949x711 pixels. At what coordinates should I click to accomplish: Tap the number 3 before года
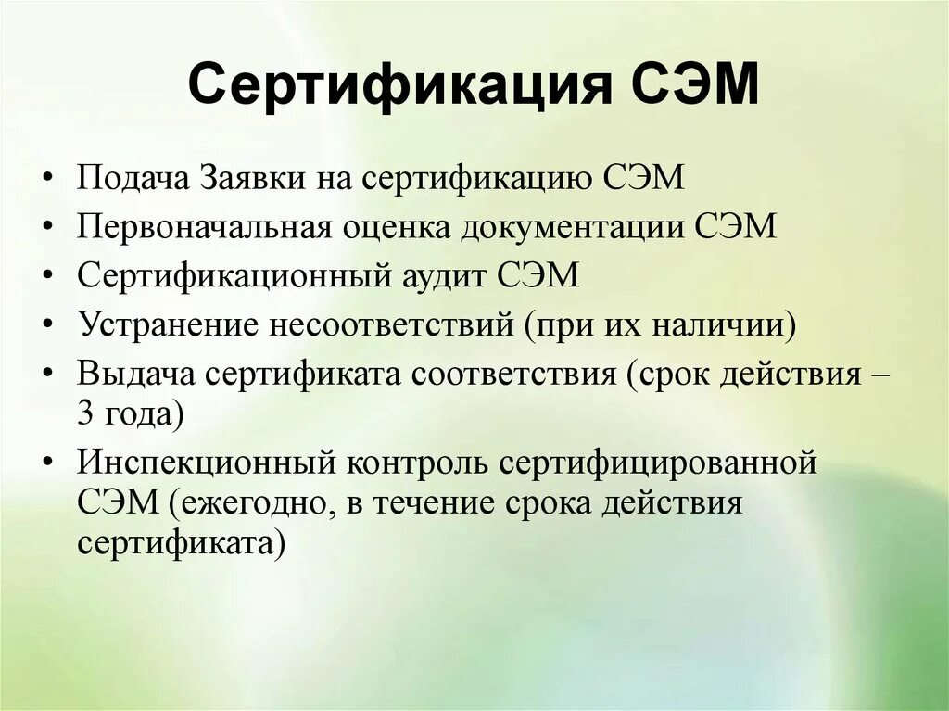pos(85,414)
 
